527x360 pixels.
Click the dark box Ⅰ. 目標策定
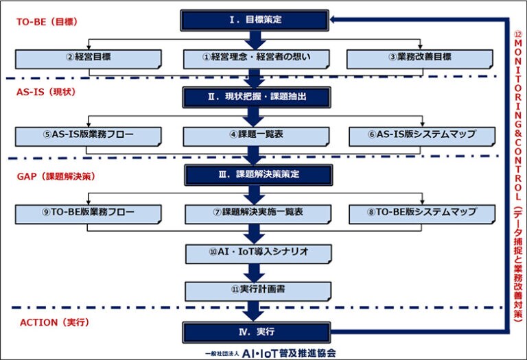(255, 20)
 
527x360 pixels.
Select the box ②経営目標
(89, 58)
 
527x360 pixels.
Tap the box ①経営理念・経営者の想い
(256, 58)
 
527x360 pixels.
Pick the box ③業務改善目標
(421, 58)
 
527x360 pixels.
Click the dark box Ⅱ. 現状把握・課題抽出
(255, 97)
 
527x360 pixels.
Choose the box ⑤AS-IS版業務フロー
(89, 135)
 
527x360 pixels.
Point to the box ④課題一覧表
(256, 135)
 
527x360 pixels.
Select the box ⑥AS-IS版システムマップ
(421, 135)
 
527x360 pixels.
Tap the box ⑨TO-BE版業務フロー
(89, 213)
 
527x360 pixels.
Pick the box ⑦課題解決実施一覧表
(256, 213)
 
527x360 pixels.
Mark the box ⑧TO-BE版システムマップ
(421, 213)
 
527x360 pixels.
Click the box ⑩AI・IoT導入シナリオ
(256, 252)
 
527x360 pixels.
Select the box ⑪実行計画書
(256, 291)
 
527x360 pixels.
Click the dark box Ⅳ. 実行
(255, 332)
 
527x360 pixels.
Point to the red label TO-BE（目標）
(47, 21)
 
